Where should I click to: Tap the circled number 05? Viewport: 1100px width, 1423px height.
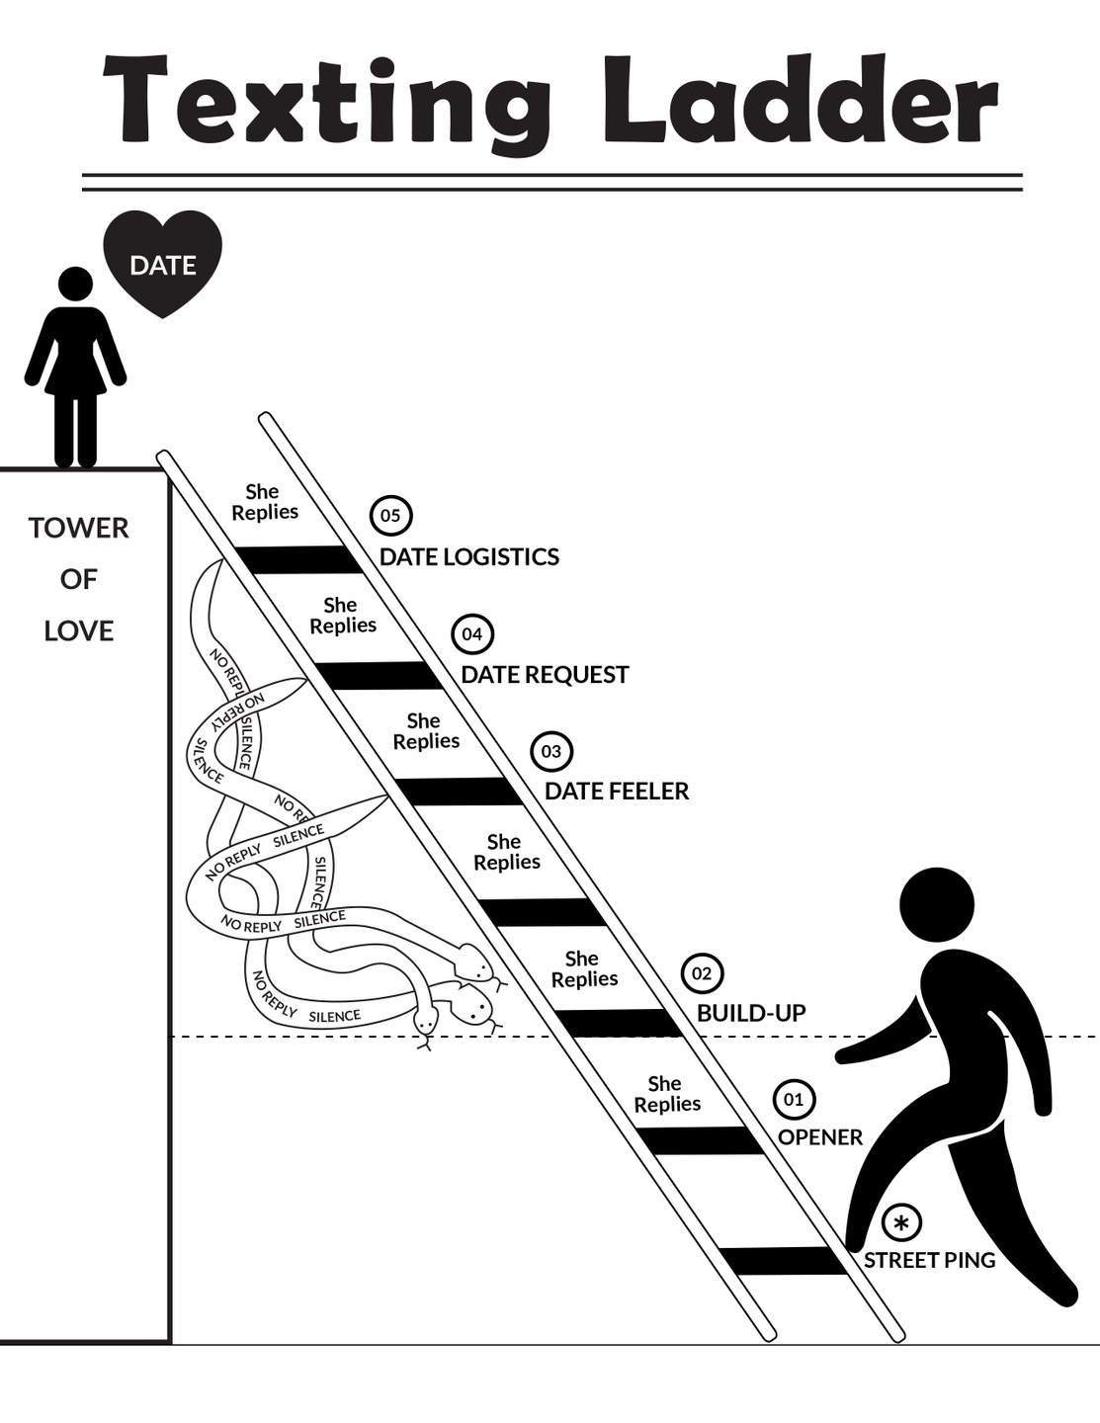coord(390,515)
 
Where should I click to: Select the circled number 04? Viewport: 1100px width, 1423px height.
coord(472,633)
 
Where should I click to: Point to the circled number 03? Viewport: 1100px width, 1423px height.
coord(551,751)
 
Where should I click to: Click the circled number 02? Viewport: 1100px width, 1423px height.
coord(702,973)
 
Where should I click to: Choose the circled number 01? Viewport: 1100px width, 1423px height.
coord(794,1099)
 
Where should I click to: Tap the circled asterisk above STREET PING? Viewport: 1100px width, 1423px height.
coord(900,1223)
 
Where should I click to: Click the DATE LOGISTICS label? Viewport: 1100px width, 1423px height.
coord(469,557)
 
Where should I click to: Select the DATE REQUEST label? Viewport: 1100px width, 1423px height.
coord(545,675)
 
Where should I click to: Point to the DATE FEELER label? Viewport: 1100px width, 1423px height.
coord(617,792)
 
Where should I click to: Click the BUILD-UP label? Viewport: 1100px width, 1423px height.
coord(751,1013)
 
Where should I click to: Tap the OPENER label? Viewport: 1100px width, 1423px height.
coord(820,1137)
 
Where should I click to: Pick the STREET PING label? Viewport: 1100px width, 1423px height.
coord(929,1261)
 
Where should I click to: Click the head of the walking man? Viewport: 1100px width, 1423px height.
coord(936,905)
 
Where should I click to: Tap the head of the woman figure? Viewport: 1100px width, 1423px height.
coord(75,284)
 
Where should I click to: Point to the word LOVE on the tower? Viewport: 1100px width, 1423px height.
coord(79,630)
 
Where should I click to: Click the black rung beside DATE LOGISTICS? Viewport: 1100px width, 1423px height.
coord(299,560)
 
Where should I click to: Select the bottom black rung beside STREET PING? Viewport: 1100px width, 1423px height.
coord(785,1261)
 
